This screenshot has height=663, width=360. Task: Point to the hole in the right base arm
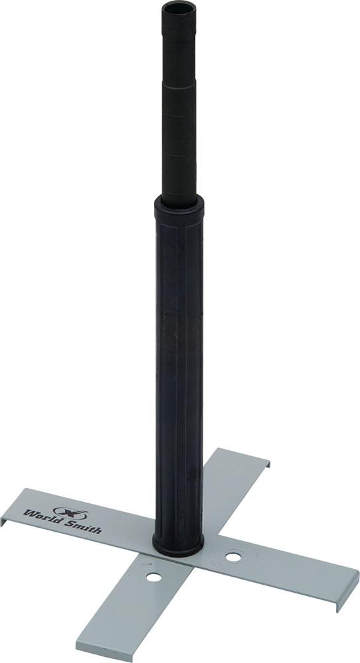tap(233, 557)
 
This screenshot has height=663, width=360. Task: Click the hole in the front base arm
tap(154, 577)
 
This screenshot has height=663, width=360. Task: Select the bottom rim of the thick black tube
tap(178, 548)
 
